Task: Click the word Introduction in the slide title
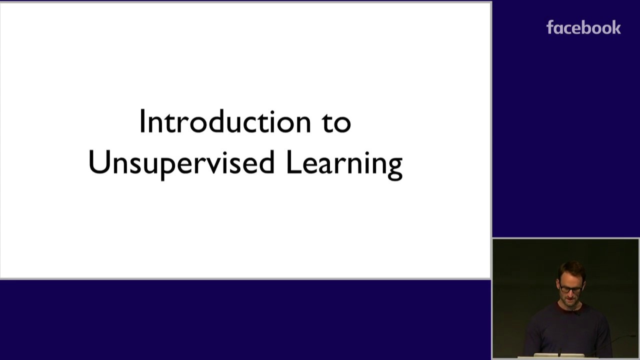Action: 225,121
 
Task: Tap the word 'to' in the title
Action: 337,123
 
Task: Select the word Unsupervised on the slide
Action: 181,163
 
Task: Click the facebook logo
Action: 583,27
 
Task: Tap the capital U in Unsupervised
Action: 99,162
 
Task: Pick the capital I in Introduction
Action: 142,121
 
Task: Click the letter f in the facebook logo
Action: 550,27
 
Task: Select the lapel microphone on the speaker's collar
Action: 576,312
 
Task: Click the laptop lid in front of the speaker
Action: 558,355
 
